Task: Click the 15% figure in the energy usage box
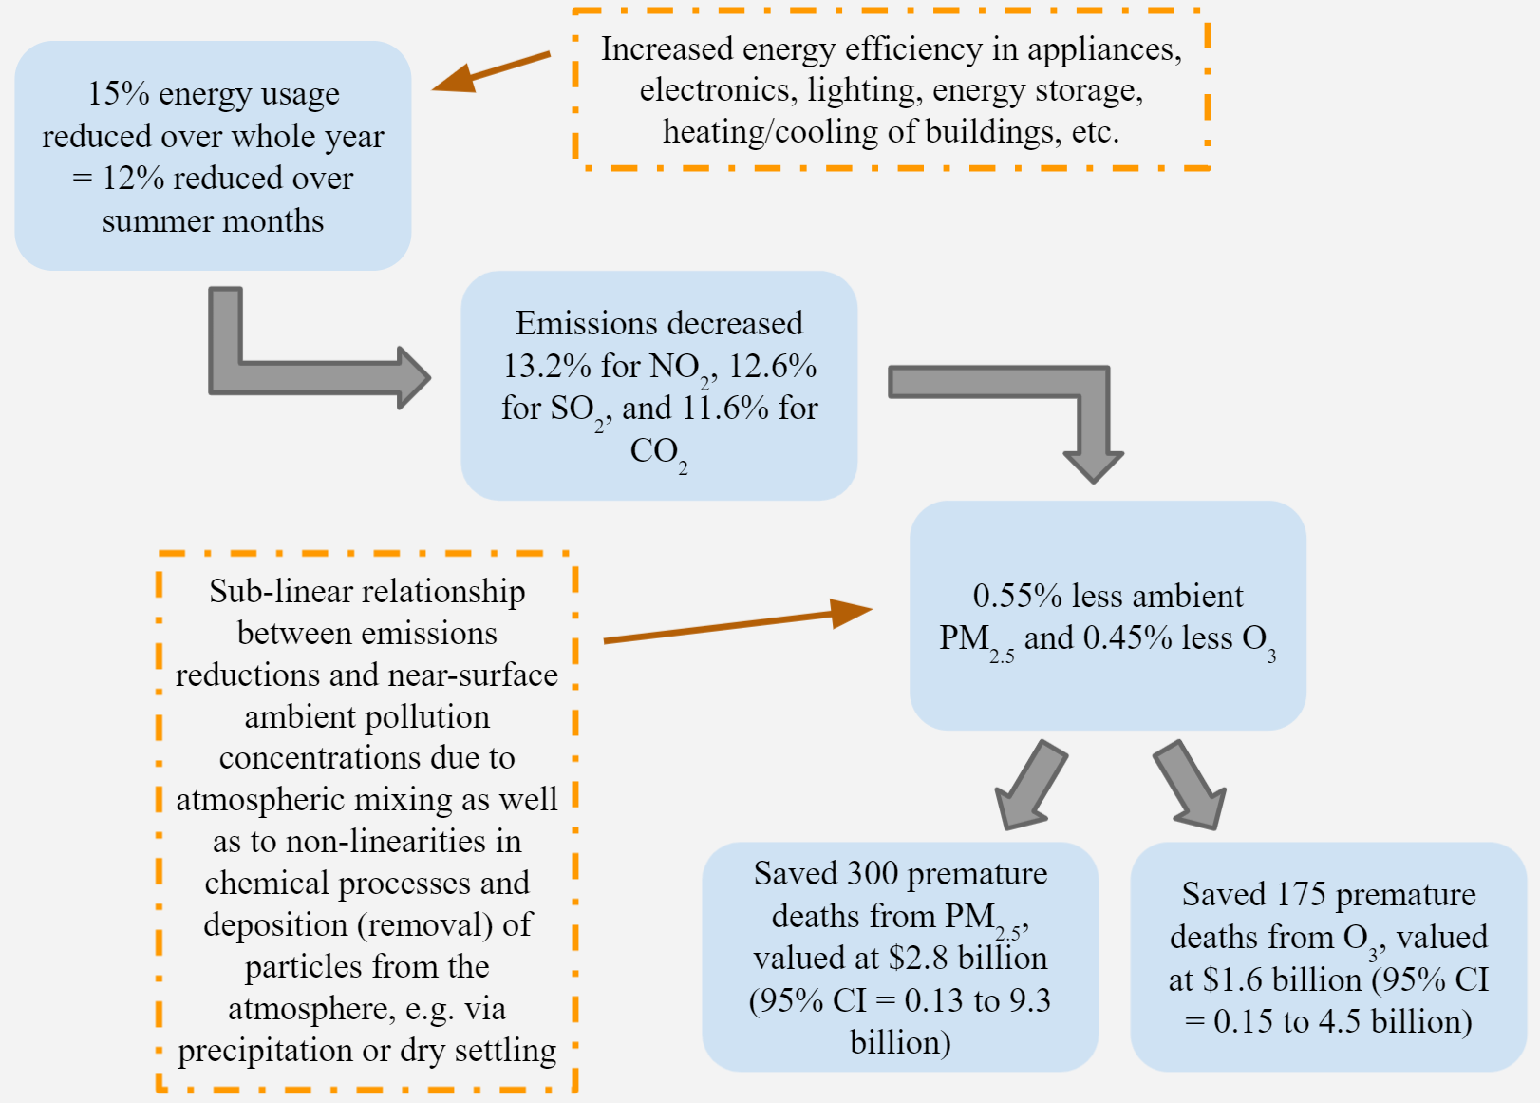click(119, 93)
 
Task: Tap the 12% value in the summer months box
click(133, 179)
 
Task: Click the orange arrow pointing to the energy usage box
click(491, 71)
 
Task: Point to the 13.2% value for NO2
click(547, 366)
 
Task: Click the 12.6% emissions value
click(772, 366)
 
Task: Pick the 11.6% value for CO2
click(725, 408)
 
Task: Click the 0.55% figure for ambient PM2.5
click(1018, 596)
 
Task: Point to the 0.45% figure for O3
click(1128, 637)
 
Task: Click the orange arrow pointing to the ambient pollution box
click(738, 625)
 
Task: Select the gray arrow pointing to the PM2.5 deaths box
click(1030, 786)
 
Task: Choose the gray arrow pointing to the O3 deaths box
click(1191, 786)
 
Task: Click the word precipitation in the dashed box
click(265, 1052)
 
